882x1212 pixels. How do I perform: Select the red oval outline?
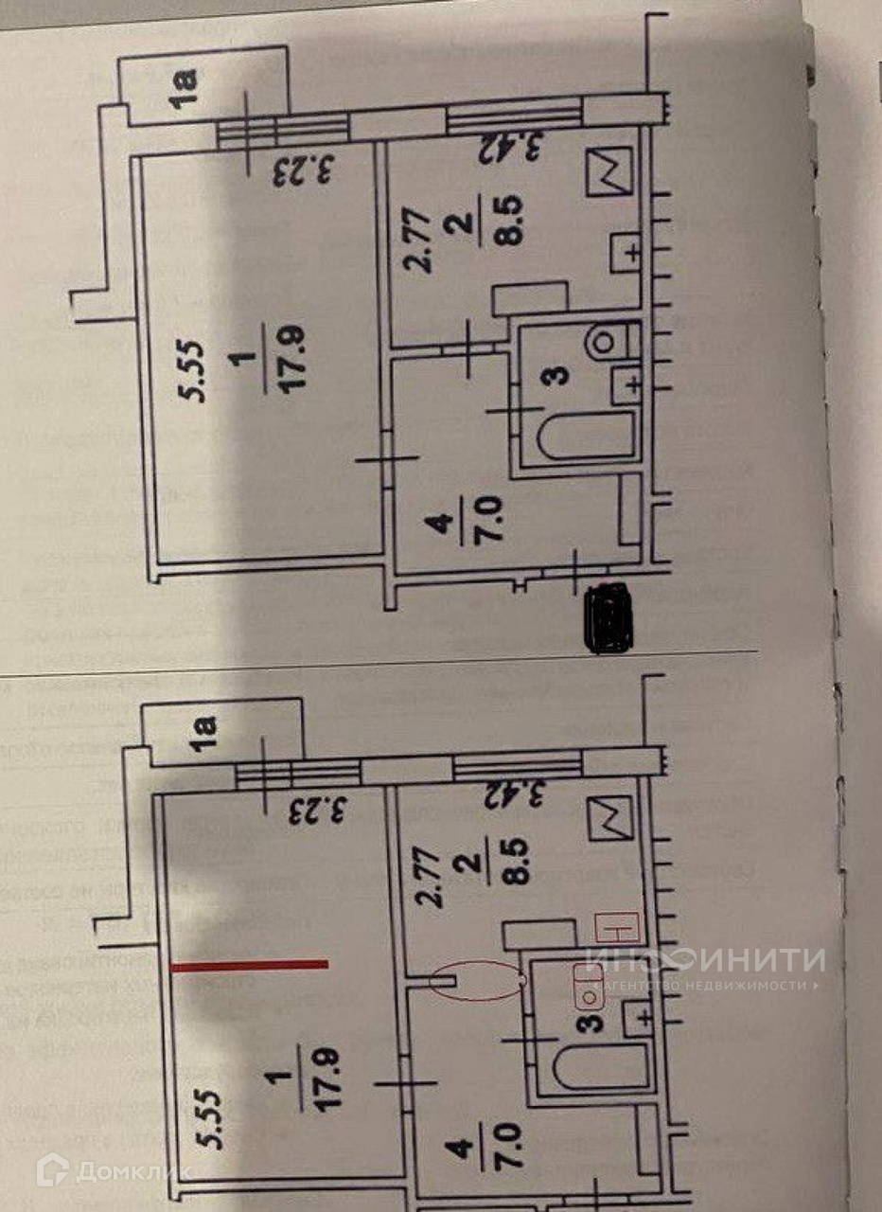(x=478, y=981)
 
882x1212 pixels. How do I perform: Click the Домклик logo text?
(x=114, y=1170)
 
